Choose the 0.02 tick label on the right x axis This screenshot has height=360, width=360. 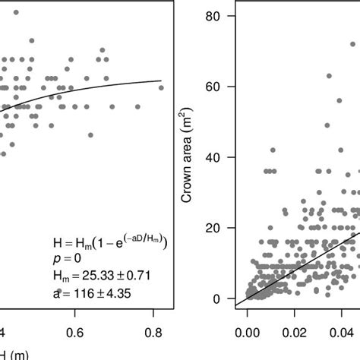[298, 332]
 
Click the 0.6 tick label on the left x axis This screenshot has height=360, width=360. [75, 332]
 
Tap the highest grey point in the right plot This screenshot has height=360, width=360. [352, 44]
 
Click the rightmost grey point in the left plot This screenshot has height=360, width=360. [161, 88]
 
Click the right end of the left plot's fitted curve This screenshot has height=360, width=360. [161, 81]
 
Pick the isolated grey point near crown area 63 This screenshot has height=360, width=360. [329, 76]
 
